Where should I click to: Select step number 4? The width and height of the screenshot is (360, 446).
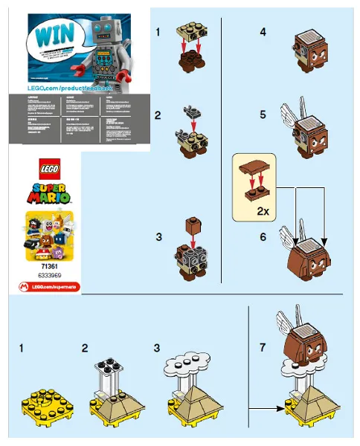coord(242,33)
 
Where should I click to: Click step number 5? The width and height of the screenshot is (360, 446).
coord(242,116)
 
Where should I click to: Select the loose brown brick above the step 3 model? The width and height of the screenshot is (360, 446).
coord(192,223)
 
